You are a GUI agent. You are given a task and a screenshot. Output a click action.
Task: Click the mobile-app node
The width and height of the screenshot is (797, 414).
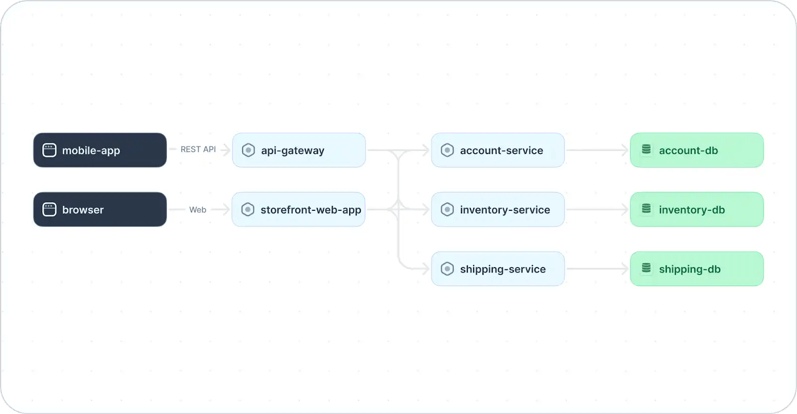click(100, 150)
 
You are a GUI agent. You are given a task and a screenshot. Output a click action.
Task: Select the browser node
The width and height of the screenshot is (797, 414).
click(100, 209)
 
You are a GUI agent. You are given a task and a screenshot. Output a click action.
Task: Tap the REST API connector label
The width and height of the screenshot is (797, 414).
click(198, 149)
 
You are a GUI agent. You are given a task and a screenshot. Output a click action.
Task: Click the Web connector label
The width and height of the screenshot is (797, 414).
click(198, 210)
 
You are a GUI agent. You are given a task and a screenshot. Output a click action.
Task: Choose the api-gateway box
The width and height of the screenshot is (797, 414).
click(299, 150)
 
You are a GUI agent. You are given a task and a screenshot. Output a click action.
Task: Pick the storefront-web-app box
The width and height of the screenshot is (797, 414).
click(299, 209)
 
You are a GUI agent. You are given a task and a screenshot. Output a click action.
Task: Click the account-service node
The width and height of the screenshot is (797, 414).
click(498, 150)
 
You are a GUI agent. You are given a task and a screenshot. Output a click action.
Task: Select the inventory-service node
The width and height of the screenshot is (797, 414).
click(498, 209)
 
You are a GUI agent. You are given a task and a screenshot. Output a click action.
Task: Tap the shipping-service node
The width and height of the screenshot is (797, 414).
click(498, 269)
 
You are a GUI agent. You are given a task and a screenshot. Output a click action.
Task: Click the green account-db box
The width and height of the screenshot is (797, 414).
click(696, 150)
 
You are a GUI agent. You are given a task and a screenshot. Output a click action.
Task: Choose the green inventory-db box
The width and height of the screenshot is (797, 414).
click(696, 209)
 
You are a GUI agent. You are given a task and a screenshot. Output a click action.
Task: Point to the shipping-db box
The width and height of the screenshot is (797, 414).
click(696, 269)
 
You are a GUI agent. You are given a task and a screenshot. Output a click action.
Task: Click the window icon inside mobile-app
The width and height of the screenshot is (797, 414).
click(49, 150)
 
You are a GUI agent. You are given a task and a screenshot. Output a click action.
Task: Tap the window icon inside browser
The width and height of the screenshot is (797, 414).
click(49, 210)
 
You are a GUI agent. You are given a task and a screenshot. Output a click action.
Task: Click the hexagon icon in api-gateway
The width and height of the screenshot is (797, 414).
click(248, 150)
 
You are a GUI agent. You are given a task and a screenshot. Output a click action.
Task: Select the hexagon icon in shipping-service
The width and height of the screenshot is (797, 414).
click(447, 269)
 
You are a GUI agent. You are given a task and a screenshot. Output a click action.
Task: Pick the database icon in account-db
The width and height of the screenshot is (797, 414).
click(646, 149)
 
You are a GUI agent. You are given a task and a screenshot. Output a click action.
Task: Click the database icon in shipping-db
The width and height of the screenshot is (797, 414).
click(646, 268)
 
